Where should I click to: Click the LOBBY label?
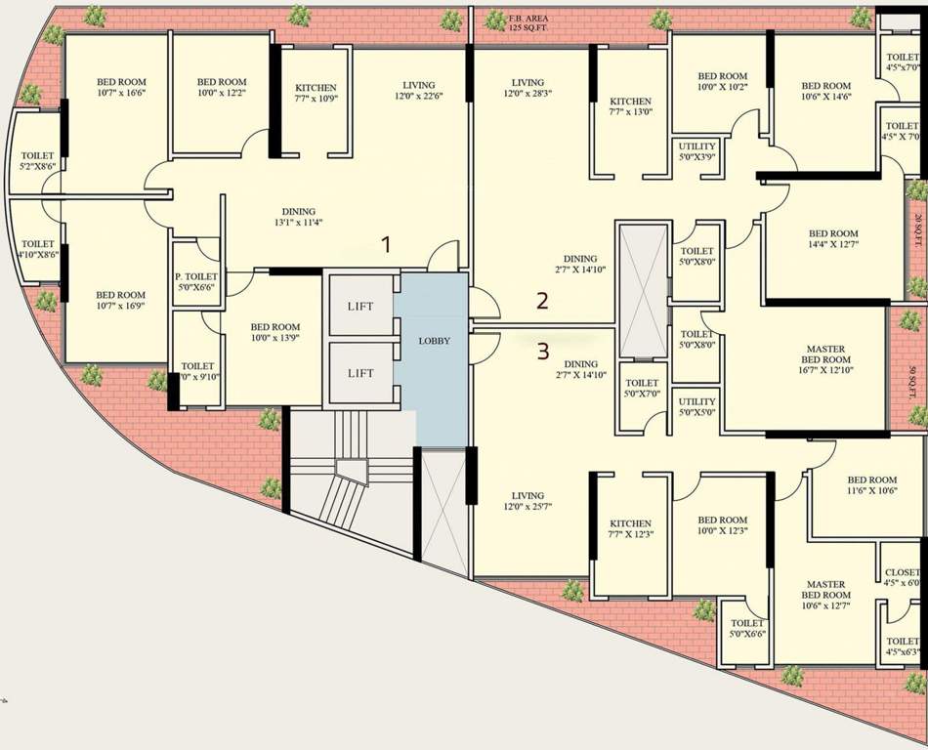pos(434,341)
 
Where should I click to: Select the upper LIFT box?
pos(360,307)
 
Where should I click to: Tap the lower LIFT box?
pos(360,373)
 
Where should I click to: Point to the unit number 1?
pos(386,245)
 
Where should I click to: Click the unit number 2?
pos(542,301)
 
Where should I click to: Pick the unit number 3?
pos(543,350)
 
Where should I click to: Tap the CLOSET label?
pos(901,577)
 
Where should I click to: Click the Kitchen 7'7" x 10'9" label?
pos(316,94)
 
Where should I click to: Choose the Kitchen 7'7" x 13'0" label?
pos(630,106)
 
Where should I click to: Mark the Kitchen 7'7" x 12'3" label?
pos(630,529)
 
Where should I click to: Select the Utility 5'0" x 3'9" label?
pos(697,150)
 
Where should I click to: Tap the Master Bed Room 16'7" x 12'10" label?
pos(825,359)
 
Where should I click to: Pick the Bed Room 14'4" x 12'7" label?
pos(833,239)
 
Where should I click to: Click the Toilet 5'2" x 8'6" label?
pos(38,161)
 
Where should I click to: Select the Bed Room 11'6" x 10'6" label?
pos(871,485)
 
